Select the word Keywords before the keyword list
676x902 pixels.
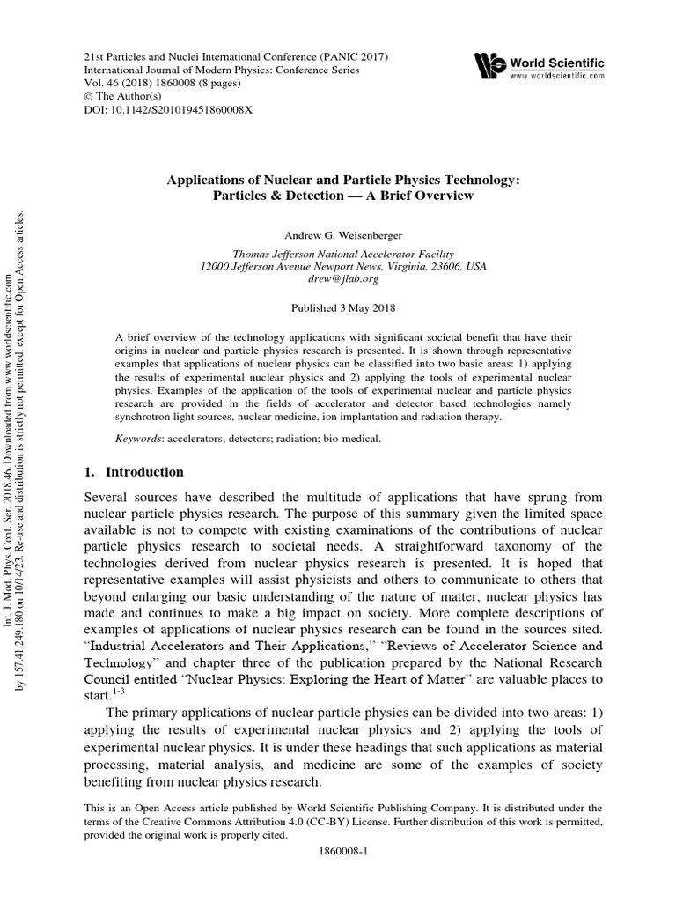click(143, 438)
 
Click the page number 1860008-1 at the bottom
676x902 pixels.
click(344, 853)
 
